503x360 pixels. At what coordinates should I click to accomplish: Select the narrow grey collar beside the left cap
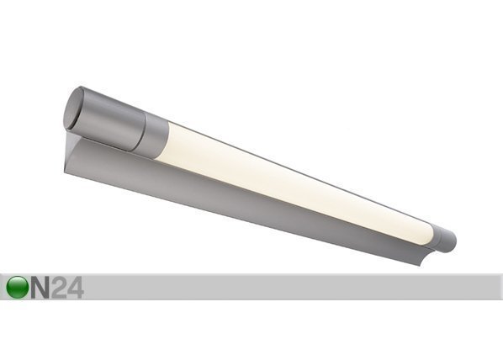click(154, 137)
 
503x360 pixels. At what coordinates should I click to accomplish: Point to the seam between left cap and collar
click(142, 132)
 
